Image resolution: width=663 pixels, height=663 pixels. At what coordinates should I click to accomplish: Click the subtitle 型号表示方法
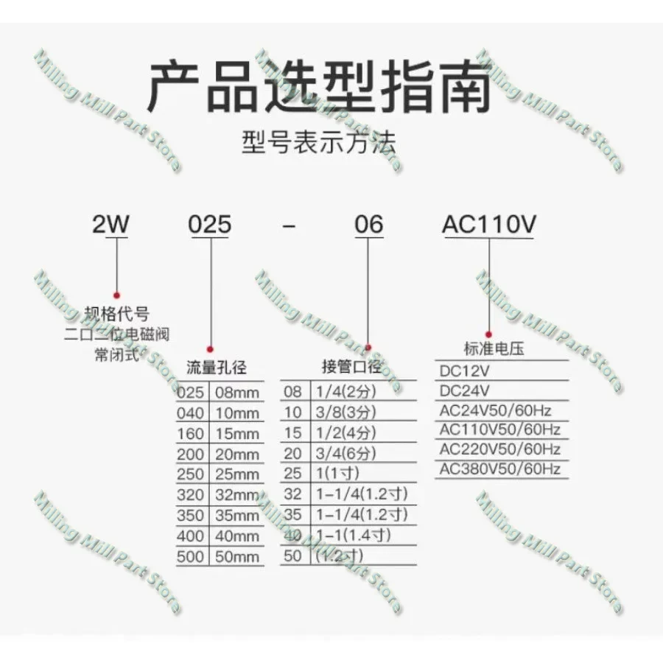318,141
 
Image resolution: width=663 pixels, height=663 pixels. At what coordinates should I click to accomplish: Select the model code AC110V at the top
488,224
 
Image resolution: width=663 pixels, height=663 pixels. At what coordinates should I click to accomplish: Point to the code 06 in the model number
369,224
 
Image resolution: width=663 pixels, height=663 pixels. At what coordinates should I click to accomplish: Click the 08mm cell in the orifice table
236,393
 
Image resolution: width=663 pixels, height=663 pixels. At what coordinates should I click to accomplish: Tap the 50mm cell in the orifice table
236,557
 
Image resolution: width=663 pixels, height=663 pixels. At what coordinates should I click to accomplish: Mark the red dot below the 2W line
115,293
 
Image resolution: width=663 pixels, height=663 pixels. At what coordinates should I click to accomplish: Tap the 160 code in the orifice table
191,434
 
